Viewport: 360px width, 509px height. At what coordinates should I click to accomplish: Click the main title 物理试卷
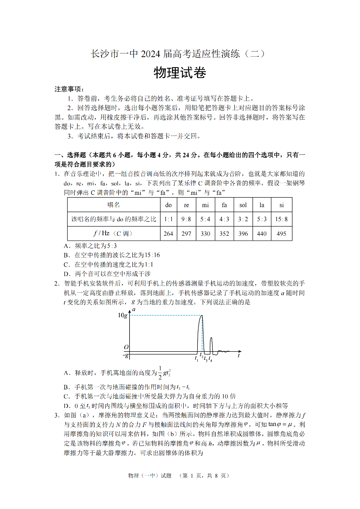180,73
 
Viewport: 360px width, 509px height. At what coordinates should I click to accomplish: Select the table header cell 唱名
114,205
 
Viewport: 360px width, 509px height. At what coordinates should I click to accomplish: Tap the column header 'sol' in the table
243,205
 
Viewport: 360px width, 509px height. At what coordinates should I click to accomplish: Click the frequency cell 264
169,234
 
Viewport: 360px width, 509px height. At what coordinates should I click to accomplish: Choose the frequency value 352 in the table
224,234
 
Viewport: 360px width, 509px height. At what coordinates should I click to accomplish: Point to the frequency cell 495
281,234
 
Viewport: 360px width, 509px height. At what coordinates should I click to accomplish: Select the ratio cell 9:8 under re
186,219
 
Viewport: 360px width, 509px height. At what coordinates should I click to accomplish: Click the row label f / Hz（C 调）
114,234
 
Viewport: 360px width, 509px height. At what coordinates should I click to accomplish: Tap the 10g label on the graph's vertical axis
122,315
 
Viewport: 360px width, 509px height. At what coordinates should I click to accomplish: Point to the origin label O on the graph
126,348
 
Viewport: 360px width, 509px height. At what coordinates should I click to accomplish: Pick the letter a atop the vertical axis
134,309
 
